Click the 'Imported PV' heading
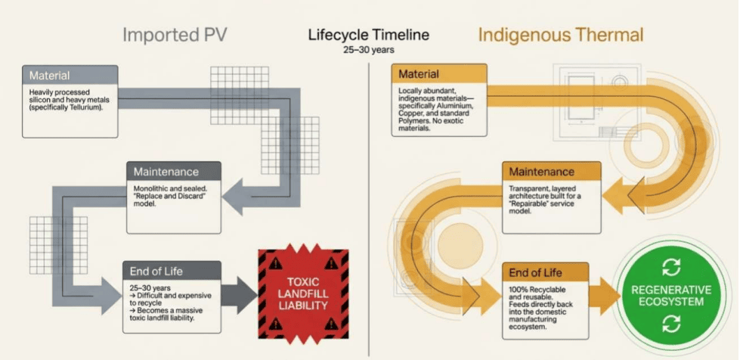tap(175, 36)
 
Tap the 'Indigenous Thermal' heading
tap(561, 36)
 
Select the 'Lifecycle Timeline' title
tap(369, 35)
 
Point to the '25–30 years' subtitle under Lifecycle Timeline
tap(369, 50)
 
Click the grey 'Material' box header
tap(70, 75)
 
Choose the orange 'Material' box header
tap(439, 74)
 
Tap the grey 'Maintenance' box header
tap(174, 171)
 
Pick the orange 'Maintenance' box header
tap(552, 171)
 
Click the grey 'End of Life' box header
tap(172, 271)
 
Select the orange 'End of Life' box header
tap(545, 272)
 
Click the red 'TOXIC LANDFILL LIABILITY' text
tap(303, 294)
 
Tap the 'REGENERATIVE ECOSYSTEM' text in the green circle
tap(671, 296)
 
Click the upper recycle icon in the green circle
tap(671, 268)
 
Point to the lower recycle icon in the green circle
tap(671, 324)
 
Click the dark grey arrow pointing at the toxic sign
tap(240, 296)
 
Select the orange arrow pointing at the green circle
tap(604, 296)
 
